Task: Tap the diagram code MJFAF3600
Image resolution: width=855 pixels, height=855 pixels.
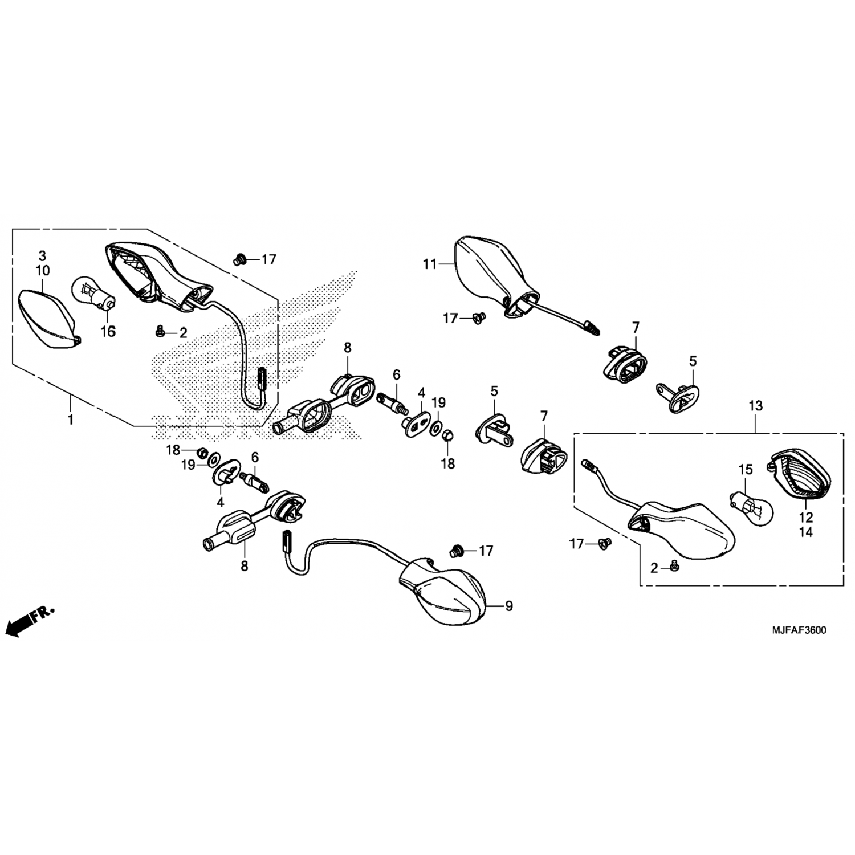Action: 799,630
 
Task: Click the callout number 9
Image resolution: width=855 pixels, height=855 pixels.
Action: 508,606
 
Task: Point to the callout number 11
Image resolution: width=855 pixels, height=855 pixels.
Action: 429,264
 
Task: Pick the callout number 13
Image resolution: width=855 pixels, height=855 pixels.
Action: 755,406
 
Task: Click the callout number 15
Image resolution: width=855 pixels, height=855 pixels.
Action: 746,470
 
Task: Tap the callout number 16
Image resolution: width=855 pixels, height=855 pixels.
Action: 108,331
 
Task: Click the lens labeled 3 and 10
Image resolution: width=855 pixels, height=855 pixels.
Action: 50,319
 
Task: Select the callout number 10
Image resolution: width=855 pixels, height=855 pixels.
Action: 43,270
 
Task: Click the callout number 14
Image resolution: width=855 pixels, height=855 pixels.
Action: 807,532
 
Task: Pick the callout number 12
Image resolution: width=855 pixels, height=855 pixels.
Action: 807,518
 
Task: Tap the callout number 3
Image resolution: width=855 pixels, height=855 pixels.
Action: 43,255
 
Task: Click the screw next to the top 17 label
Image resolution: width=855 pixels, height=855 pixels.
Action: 239,259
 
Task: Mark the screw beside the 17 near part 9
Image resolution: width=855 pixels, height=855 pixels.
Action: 456,551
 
